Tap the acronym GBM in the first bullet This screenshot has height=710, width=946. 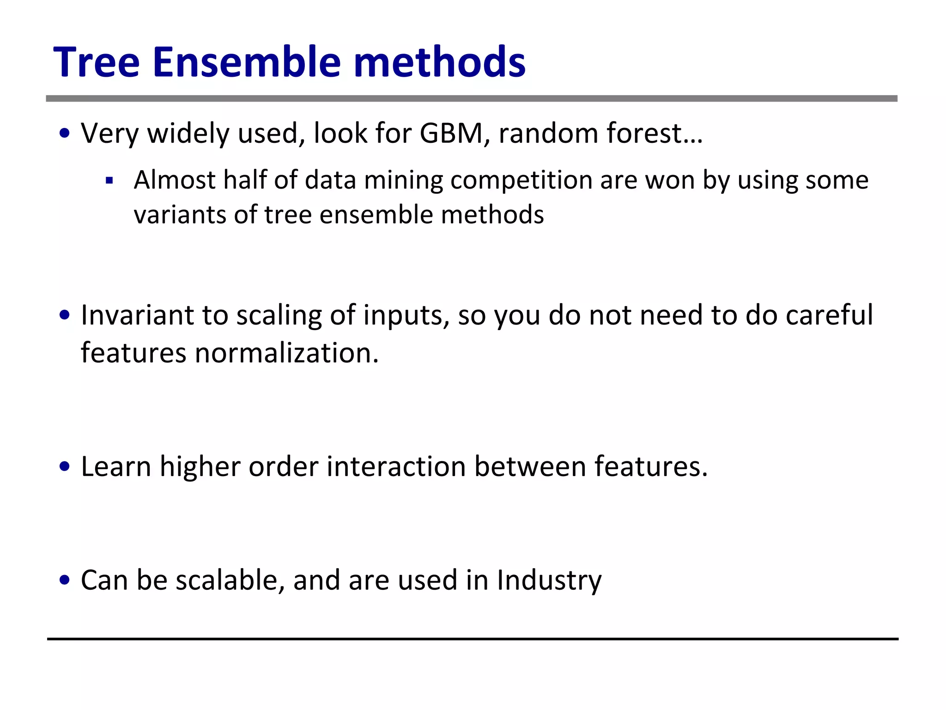click(451, 134)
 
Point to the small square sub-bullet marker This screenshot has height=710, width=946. click(109, 180)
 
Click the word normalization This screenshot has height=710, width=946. click(286, 353)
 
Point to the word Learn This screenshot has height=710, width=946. click(116, 466)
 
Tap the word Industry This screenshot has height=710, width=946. click(549, 581)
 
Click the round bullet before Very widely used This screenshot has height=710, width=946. click(65, 134)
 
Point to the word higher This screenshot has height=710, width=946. click(200, 467)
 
